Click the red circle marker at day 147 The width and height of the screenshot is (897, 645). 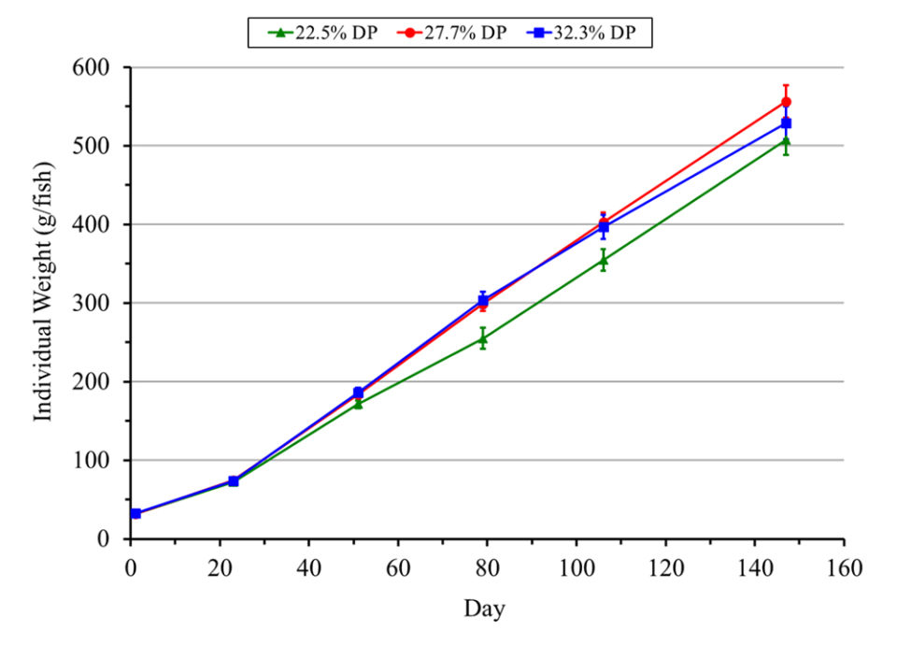coord(786,102)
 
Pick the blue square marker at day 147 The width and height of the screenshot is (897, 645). coord(786,123)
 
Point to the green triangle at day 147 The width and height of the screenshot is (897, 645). coord(786,141)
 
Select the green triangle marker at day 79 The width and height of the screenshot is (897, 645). coord(483,338)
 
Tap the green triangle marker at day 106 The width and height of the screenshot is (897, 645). coord(604,260)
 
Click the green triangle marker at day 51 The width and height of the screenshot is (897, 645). coord(358,404)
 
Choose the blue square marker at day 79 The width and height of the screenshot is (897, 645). coord(483,301)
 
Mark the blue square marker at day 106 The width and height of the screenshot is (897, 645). coord(604,227)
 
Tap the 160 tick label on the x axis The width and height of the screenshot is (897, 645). coord(844,567)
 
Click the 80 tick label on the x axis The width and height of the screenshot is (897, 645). coord(487,567)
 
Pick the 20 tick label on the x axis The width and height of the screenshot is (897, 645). coord(220,567)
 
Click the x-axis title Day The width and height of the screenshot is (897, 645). coord(485,609)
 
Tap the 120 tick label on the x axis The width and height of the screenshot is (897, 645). coord(665,567)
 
